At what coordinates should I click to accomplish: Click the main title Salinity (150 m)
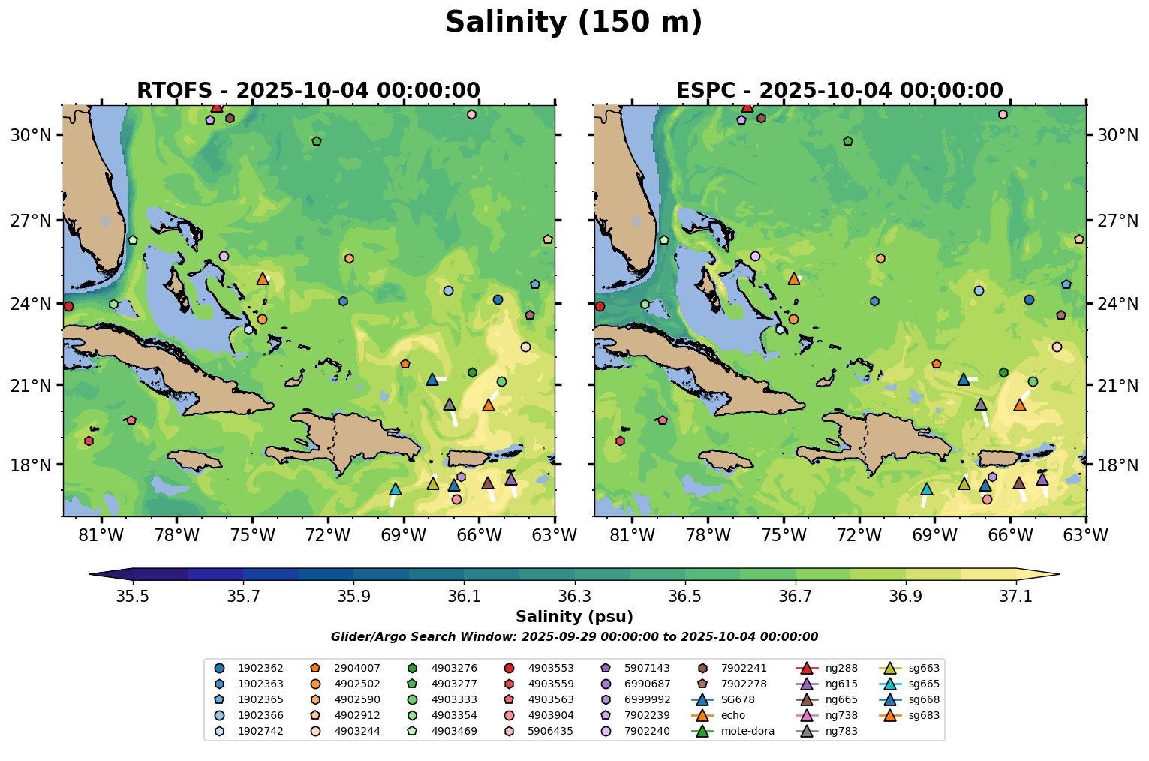[573, 23]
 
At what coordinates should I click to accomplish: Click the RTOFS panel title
[308, 91]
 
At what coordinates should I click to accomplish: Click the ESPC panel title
[839, 91]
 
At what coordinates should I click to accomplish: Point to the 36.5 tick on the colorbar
[685, 597]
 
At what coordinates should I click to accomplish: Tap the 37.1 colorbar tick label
[1016, 597]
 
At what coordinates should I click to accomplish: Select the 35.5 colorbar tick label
[133, 597]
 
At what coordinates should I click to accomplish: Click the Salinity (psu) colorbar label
[574, 617]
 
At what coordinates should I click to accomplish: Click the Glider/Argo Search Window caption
[574, 637]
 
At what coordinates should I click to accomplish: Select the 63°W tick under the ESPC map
[1086, 536]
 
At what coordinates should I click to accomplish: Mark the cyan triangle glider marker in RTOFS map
[396, 489]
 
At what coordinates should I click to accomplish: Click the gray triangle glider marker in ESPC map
[980, 405]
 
